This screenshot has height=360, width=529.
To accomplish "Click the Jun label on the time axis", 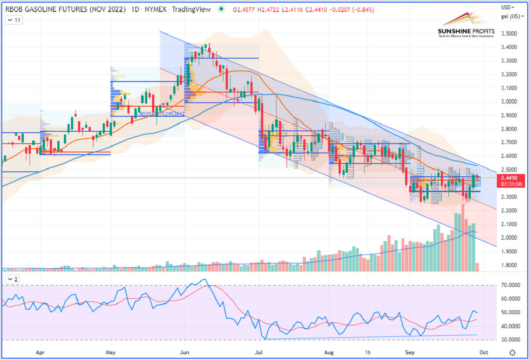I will point(185,353).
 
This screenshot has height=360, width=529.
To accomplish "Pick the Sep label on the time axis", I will point(410,353).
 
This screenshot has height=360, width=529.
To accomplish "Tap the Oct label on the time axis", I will point(484,353).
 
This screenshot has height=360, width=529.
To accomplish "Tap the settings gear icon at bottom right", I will point(512,353).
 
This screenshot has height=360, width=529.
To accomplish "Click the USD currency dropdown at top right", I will point(508,7).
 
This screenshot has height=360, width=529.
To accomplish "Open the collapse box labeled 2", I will point(13,279).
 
